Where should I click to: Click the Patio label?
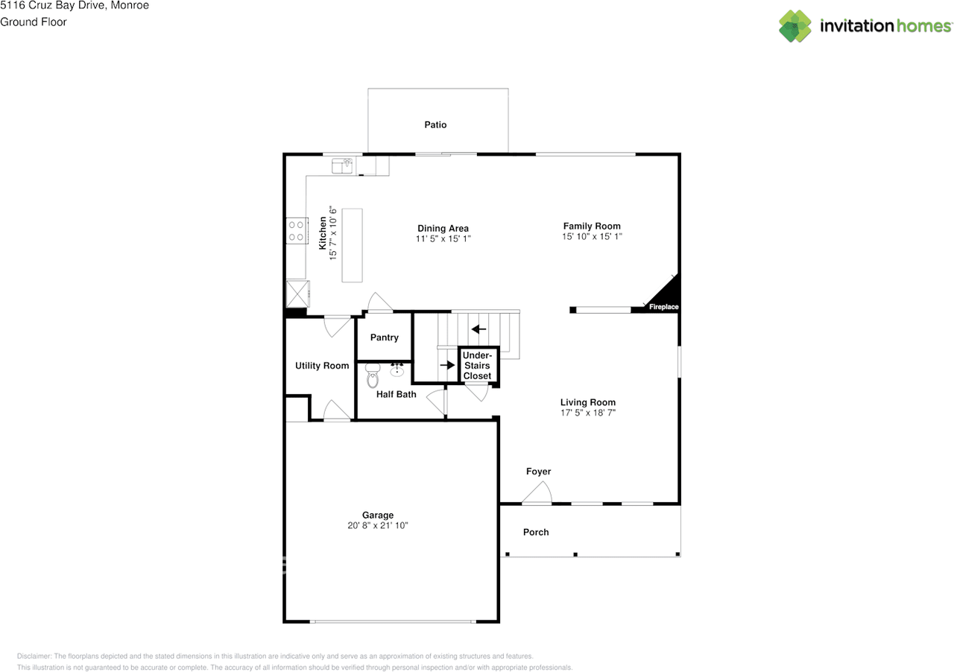point(435,125)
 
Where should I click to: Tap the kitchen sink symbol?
point(342,165)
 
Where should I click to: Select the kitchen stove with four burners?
point(296,230)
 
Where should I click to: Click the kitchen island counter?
point(353,245)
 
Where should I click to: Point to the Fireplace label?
point(663,307)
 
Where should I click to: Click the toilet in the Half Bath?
point(373,377)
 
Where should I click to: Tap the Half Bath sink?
point(397,370)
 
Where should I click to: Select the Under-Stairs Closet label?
point(477,366)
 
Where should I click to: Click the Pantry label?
point(385,337)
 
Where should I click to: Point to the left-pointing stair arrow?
point(478,329)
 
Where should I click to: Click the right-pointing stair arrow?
point(447,365)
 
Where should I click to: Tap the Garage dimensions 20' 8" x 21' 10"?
point(378,525)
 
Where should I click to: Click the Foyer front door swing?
point(537,493)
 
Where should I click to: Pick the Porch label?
point(536,532)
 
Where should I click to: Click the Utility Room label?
point(322,366)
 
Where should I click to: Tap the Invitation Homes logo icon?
point(795,26)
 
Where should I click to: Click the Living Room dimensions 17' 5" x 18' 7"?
point(588,413)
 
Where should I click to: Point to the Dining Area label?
point(443,229)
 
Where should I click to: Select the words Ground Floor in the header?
point(34,22)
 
